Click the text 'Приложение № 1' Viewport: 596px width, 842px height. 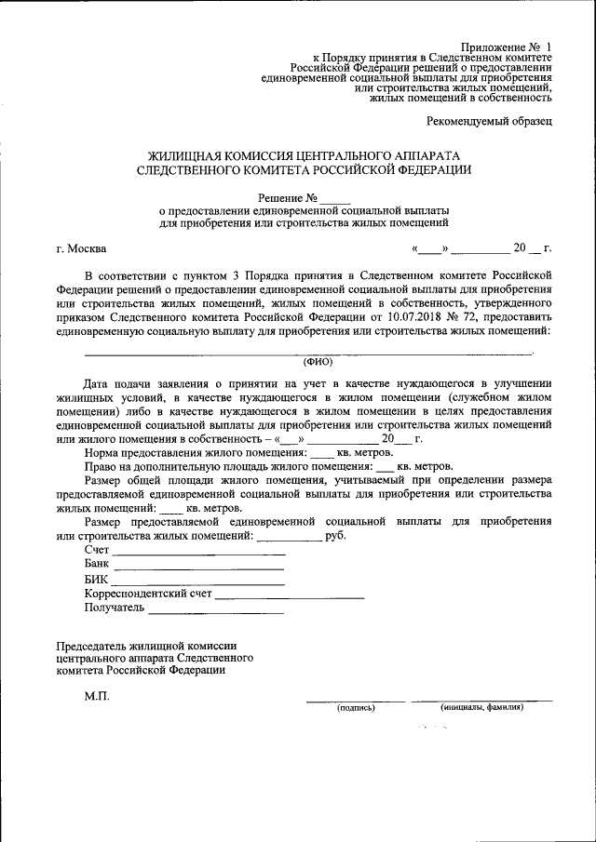(507, 47)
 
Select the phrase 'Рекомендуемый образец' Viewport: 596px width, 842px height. (489, 121)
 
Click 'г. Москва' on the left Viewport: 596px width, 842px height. (81, 248)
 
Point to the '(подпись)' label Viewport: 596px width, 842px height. (356, 707)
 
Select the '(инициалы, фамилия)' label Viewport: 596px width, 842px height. (482, 707)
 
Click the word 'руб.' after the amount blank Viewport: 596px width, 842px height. (336, 537)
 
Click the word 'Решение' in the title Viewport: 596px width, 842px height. (278, 198)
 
